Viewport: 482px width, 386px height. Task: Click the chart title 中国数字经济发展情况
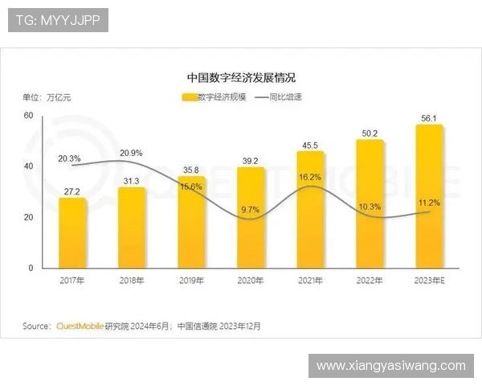(x=241, y=78)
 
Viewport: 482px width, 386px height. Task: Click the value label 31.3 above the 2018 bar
(x=132, y=180)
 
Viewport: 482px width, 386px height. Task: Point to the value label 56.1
(x=429, y=118)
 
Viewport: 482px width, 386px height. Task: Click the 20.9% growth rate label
(x=131, y=153)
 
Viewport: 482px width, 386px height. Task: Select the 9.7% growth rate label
(x=250, y=209)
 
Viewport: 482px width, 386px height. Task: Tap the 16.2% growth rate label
(x=309, y=176)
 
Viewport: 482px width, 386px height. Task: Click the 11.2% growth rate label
(x=430, y=203)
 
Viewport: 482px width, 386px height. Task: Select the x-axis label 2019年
(x=191, y=281)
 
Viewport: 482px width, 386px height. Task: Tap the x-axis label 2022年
(x=370, y=281)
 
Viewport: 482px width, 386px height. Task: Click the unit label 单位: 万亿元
(x=47, y=97)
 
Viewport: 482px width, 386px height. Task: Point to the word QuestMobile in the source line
(x=79, y=326)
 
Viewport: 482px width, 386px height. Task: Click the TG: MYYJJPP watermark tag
(x=57, y=19)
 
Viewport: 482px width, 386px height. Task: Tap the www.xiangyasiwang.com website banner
(x=390, y=366)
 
